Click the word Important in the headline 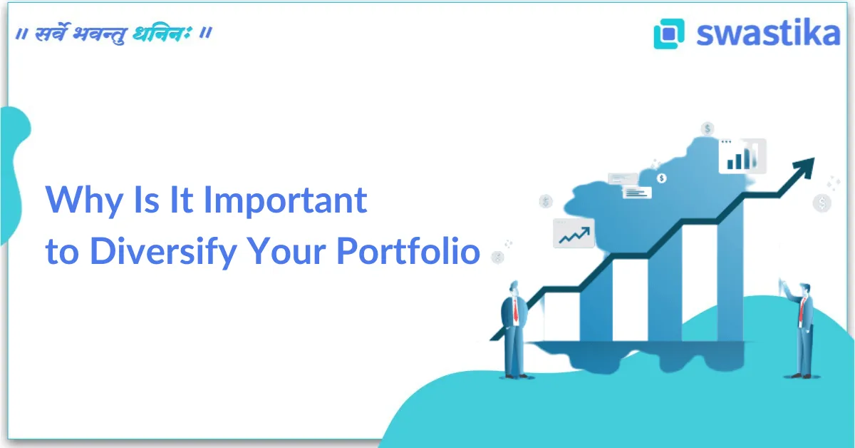point(285,201)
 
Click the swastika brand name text point(768,34)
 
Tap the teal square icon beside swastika point(668,34)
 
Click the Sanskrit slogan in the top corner point(113,34)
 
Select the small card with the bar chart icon point(742,156)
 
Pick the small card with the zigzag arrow point(574,233)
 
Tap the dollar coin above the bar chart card point(708,129)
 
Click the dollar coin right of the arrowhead point(822,203)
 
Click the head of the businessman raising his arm point(803,288)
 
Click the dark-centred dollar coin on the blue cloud point(662,178)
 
